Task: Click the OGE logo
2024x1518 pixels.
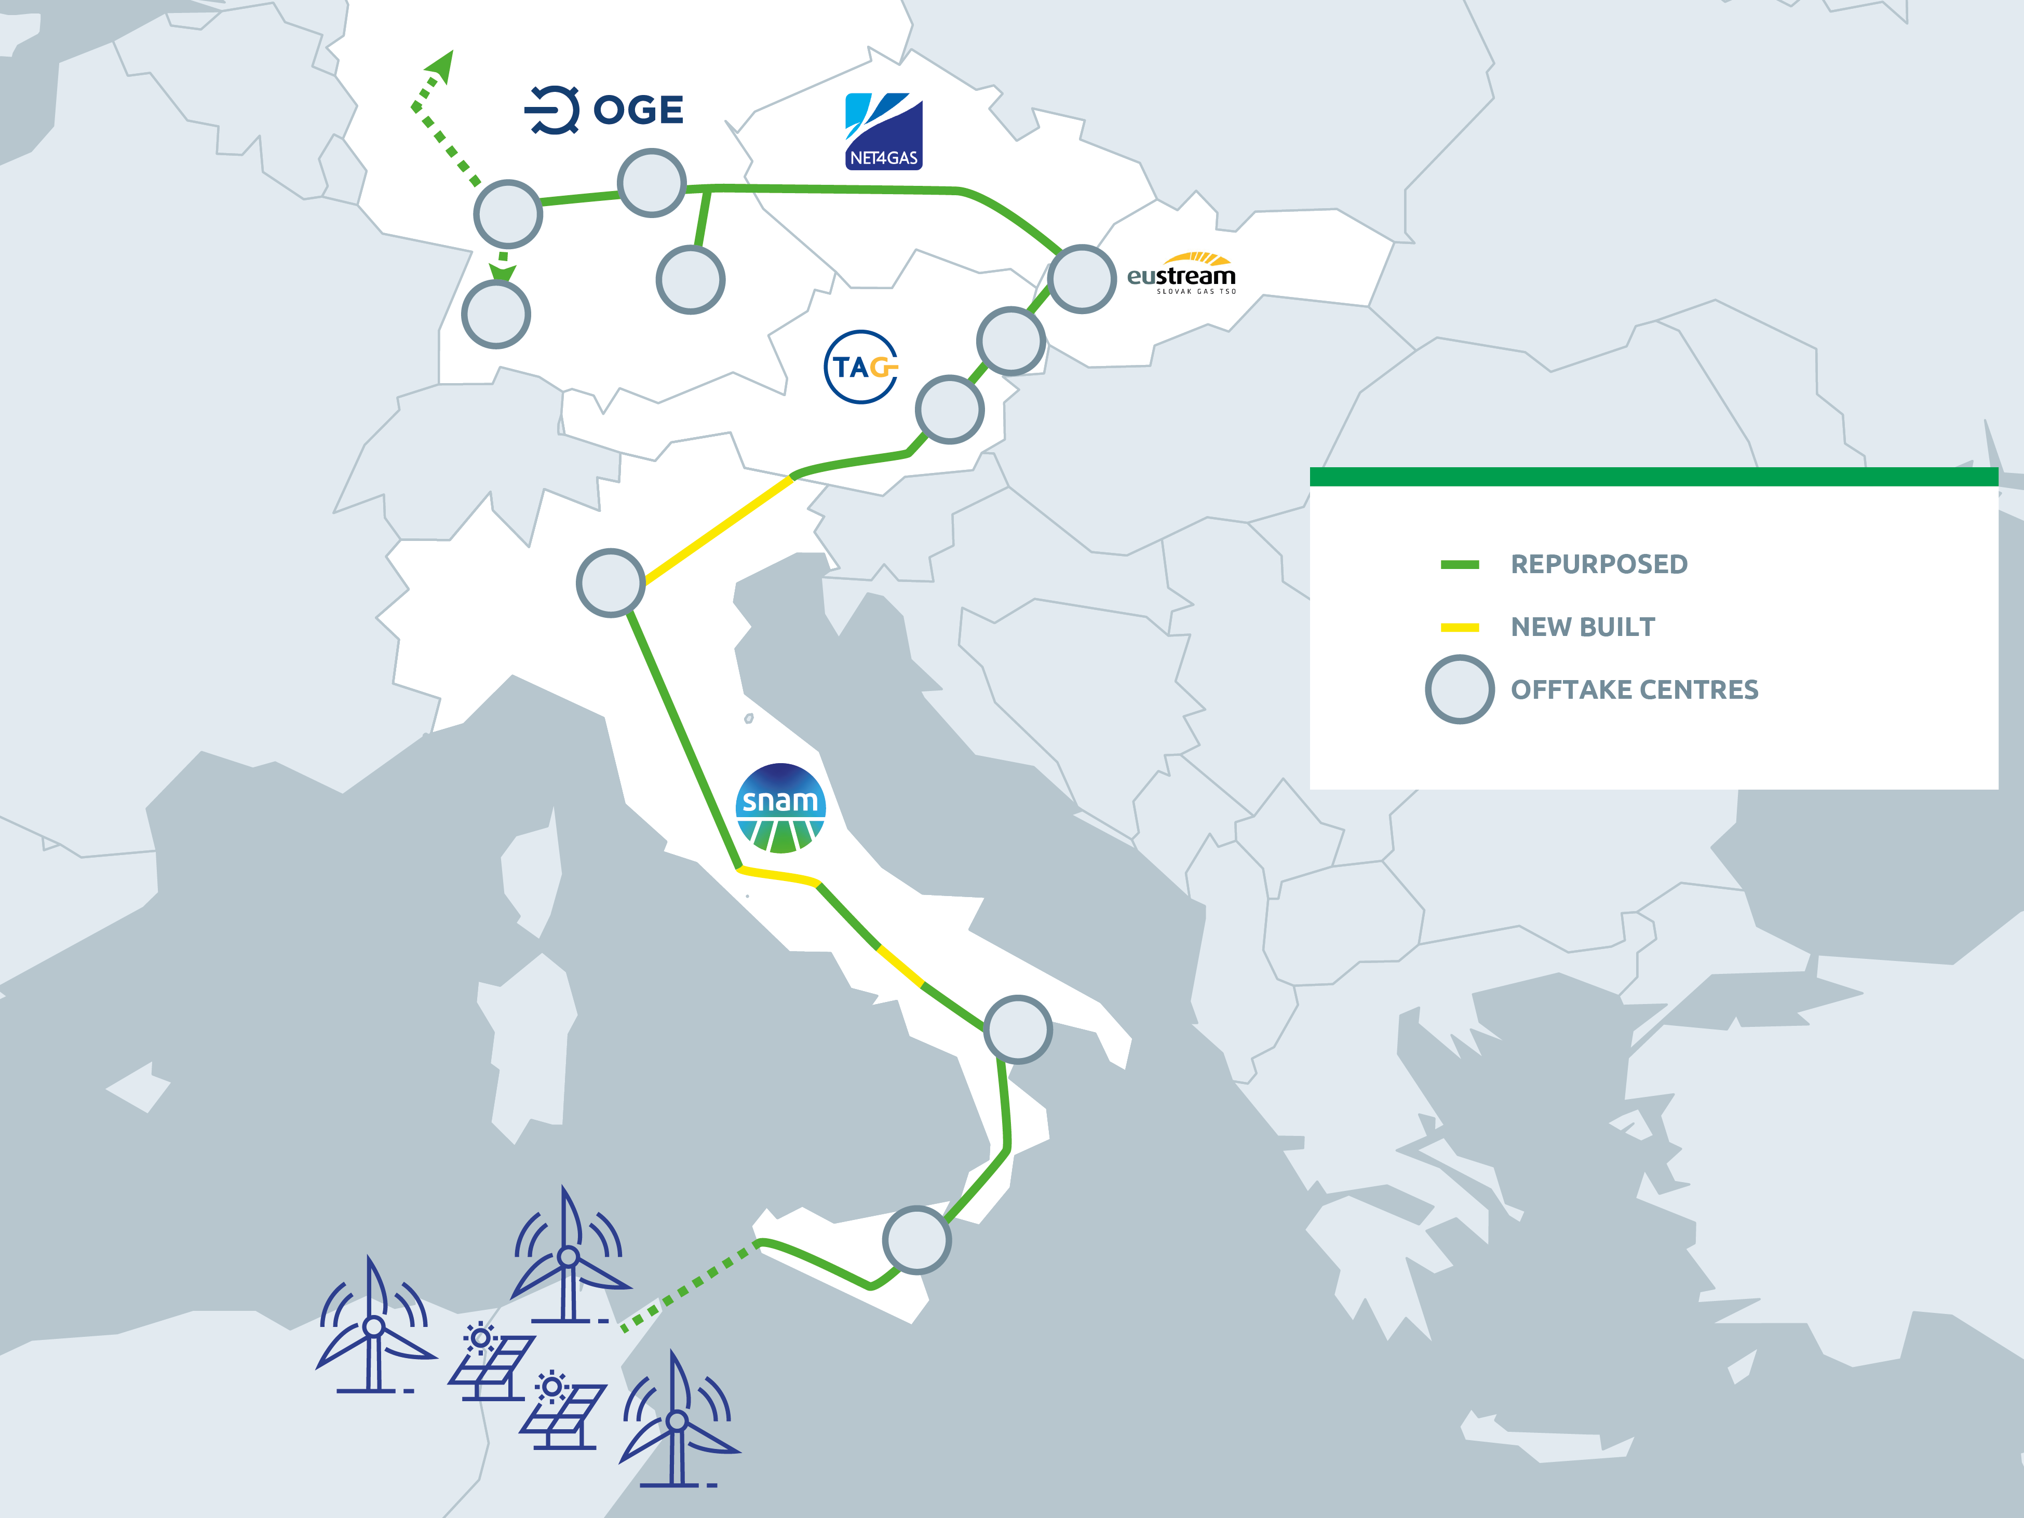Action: click(x=604, y=111)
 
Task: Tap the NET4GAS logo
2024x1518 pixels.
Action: click(x=883, y=131)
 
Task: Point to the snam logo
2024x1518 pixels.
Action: click(x=780, y=808)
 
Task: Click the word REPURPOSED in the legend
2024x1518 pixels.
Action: click(x=1599, y=564)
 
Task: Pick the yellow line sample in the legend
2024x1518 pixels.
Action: click(x=1460, y=628)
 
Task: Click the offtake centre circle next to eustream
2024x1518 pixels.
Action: click(x=1082, y=279)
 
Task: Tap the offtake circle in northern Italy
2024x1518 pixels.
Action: click(x=610, y=583)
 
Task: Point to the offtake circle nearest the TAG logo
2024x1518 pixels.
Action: click(x=950, y=409)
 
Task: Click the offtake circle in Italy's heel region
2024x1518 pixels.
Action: click(x=1018, y=1029)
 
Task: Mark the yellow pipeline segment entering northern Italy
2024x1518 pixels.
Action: click(x=718, y=529)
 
